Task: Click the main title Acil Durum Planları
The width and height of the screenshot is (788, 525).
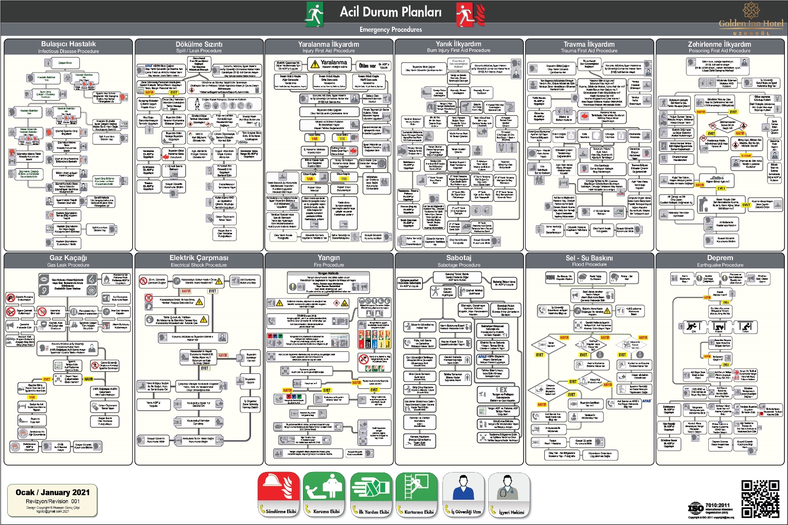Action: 390,12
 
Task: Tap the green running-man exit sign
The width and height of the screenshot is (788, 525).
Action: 314,14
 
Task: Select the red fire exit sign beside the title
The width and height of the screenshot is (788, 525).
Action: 469,14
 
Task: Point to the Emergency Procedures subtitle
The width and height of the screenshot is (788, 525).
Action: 390,29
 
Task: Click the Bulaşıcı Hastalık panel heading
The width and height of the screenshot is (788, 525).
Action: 68,44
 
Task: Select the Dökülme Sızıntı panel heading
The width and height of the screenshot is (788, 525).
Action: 199,44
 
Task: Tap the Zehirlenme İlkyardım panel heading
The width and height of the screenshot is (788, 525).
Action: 719,44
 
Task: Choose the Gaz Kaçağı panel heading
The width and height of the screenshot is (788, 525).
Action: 68,258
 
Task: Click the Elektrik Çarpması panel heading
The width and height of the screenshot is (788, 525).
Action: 199,258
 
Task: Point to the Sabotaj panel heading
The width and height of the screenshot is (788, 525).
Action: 459,258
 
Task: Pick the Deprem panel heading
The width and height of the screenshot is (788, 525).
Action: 720,258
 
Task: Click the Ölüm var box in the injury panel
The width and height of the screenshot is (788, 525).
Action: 367,65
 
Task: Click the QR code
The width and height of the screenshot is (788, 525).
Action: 760,499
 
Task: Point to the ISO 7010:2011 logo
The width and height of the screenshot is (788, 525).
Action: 695,509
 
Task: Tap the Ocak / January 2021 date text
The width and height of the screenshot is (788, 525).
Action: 52,492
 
